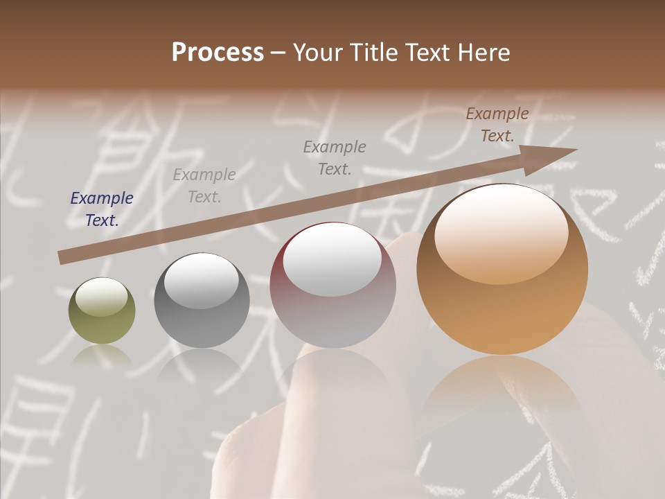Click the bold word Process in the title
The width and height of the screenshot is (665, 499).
218,53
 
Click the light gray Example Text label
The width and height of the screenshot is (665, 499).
204,186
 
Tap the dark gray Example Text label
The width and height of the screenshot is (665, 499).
335,157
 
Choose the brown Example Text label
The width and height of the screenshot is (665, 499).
497,125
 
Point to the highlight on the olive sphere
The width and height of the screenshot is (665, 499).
101,297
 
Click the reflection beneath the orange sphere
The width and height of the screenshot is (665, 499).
502,388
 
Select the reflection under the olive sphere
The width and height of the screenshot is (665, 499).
102,357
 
